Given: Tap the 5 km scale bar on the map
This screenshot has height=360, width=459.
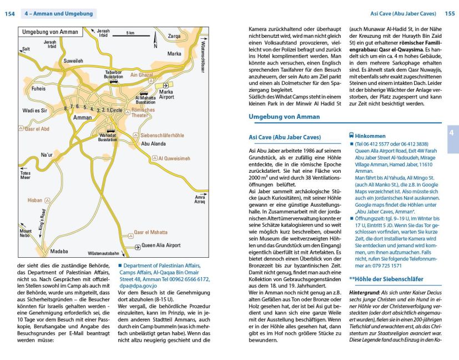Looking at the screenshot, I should [x=130, y=37].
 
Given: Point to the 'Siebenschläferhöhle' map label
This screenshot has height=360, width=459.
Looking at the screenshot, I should [x=162, y=135].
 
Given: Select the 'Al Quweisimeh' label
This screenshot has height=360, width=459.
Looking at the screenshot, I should [x=174, y=158].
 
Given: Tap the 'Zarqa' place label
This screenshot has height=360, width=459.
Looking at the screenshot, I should [x=174, y=37].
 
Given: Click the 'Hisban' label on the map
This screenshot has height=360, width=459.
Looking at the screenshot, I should [x=34, y=199].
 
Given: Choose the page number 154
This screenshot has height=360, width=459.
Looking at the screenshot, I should [x=9, y=13].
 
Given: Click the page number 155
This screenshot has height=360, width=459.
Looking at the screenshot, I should [x=450, y=13].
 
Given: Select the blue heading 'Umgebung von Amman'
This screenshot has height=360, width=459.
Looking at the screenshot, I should [x=285, y=117].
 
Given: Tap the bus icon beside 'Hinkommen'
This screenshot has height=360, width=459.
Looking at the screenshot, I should [x=351, y=135].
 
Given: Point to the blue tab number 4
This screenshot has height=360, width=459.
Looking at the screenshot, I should [x=451, y=133].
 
